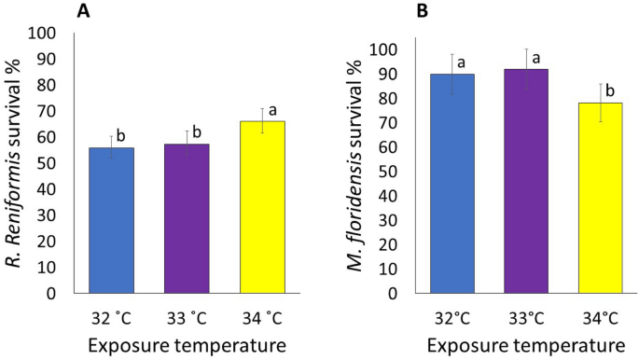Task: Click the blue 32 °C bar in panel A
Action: (112, 220)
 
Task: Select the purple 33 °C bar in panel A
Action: (172, 218)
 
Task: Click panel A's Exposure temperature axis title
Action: (173, 345)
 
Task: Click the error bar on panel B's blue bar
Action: (451, 75)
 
